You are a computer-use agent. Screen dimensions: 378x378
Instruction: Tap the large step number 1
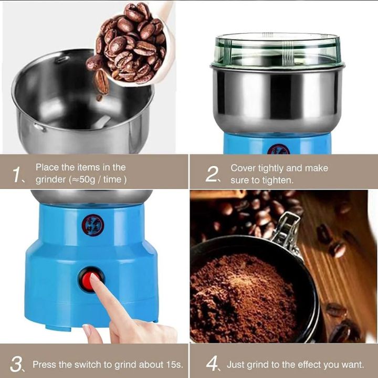click(x=17, y=175)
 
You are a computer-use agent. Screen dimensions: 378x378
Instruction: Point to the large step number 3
click(x=16, y=364)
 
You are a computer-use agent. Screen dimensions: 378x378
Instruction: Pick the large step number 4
click(x=212, y=363)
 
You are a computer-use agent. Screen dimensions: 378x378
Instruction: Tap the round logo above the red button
click(x=93, y=225)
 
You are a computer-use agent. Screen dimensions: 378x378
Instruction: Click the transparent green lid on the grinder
click(x=277, y=50)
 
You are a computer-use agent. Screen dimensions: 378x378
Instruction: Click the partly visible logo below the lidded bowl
click(x=278, y=150)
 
